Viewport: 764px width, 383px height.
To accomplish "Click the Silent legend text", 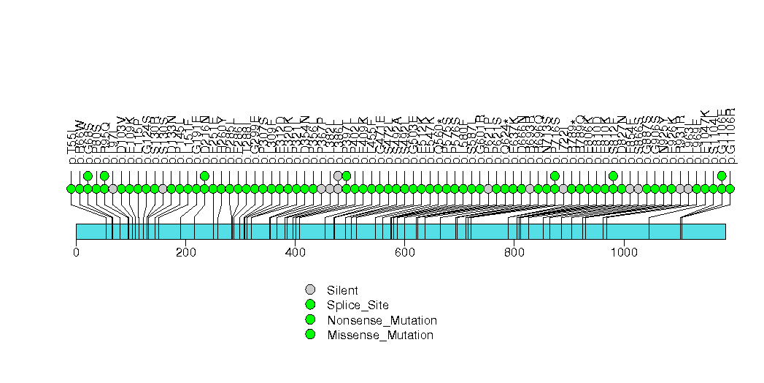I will (342, 290).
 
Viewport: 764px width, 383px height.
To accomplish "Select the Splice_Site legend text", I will (358, 305).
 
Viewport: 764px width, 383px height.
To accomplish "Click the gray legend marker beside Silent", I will (310, 289).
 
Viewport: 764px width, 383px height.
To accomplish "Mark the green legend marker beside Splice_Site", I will (310, 304).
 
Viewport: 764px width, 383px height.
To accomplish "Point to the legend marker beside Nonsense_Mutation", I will (310, 319).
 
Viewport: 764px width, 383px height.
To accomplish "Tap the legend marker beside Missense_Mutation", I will (310, 334).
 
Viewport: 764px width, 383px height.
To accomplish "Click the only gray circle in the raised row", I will (338, 175).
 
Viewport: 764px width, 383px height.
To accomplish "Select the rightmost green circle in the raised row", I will (722, 175).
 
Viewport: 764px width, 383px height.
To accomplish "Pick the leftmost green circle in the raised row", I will (88, 175).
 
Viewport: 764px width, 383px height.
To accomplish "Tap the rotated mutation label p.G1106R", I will (730, 136).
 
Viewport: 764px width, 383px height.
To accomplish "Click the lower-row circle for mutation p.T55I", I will (71, 189).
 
